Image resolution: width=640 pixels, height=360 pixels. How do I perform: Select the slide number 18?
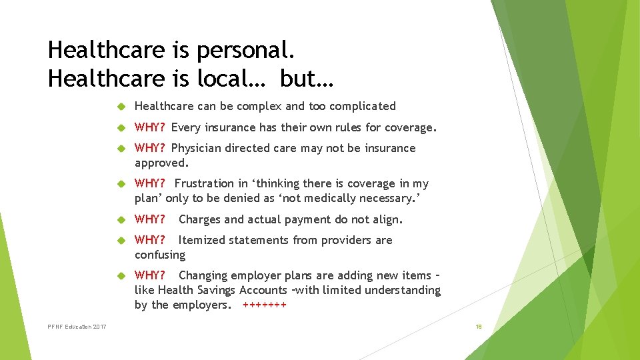(479, 327)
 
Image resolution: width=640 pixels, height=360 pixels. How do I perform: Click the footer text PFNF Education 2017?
(77, 327)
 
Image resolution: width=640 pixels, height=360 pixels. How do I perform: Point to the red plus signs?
(265, 305)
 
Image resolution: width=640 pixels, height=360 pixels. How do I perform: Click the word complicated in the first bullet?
(363, 106)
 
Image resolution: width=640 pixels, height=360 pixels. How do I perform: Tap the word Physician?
(197, 148)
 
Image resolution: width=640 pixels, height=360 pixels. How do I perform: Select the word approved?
(161, 163)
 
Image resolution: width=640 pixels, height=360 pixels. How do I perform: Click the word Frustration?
(205, 183)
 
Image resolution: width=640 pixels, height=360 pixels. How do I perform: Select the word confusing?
(160, 255)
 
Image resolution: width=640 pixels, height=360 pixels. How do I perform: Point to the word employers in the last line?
(201, 305)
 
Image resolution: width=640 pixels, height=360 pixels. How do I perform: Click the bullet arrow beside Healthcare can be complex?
(121, 106)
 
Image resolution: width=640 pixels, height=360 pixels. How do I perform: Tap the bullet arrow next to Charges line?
(121, 219)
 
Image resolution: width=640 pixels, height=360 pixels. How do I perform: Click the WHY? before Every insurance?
(151, 127)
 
